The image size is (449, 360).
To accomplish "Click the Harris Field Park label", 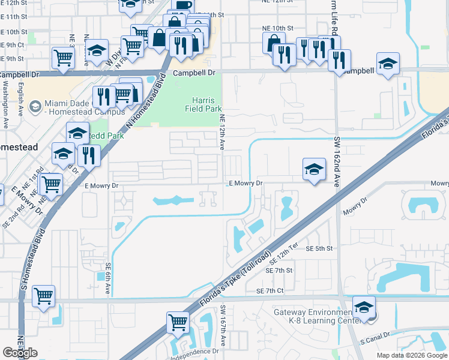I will coord(199,105).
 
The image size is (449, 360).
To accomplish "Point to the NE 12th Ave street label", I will coord(222,132).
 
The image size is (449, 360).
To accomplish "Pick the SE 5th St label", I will coord(319,248).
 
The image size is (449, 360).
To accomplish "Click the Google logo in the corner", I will coord(20,353).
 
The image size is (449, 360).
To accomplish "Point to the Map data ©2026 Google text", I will coord(412,355).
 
